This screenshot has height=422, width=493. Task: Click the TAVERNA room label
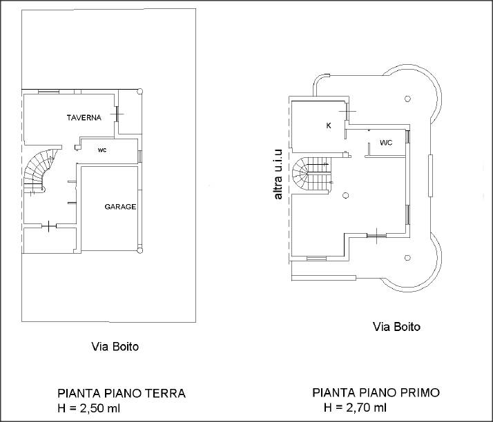pos(84,117)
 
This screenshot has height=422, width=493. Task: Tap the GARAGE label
pos(120,207)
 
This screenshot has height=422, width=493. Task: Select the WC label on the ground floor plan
pos(102,150)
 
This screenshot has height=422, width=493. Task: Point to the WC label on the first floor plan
pos(386,143)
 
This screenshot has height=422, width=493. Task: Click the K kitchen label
pos(329,125)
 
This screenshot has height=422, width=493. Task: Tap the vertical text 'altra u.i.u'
pos(278,174)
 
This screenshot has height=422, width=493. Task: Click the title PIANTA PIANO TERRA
pos(122,393)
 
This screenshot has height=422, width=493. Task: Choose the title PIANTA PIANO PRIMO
pos(376,392)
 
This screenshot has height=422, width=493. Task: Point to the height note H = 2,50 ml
pos(88,408)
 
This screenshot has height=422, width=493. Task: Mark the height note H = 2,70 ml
pos(355,408)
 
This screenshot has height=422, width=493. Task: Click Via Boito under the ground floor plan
pos(115,347)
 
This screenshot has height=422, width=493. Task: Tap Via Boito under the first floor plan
pos(396,327)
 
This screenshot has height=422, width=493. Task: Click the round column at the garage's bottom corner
pos(140,250)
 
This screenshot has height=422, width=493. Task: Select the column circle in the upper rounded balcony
pos(407,99)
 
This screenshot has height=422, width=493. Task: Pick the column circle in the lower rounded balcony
pos(407,258)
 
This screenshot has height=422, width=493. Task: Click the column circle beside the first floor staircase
pos(345,196)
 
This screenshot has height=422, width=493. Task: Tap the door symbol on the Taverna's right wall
pos(117,114)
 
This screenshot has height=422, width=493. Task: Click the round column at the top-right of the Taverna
pos(140,92)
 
